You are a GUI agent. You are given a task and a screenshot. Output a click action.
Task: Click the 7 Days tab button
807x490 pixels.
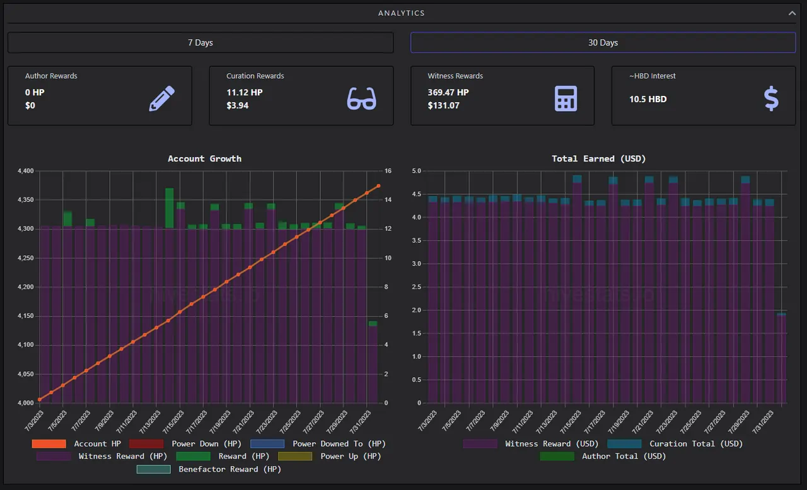200,42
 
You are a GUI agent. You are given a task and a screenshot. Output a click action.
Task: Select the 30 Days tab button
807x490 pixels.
603,42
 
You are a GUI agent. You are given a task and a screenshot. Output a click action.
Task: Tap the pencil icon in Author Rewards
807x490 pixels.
162,98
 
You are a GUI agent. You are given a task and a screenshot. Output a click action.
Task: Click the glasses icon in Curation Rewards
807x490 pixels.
362,98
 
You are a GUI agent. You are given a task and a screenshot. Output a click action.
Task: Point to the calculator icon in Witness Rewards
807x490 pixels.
566,98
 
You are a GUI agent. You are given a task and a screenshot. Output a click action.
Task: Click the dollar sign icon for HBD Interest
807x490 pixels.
771,98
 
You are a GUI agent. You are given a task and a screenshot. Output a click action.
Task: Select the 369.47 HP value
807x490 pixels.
448,92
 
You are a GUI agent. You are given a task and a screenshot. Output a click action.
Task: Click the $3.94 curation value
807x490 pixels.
238,105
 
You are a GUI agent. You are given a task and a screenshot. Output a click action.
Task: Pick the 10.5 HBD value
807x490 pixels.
647,99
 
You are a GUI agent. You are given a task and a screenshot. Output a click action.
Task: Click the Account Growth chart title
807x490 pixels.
205,158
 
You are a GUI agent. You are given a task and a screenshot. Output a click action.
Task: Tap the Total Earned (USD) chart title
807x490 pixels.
599,158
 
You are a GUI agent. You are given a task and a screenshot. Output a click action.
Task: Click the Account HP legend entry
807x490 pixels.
76,443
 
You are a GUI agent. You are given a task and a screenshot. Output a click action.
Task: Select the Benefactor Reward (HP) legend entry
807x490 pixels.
209,469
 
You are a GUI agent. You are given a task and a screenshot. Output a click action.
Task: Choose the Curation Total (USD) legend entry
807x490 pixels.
675,443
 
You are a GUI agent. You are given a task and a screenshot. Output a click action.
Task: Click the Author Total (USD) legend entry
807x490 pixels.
603,456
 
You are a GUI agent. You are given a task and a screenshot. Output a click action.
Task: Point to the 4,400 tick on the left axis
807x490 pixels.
26,171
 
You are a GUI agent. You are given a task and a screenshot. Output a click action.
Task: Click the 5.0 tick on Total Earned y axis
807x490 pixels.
417,171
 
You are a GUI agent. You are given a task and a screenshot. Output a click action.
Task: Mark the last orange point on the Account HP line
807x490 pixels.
379,186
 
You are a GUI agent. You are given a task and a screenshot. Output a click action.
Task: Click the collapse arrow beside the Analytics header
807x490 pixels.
792,13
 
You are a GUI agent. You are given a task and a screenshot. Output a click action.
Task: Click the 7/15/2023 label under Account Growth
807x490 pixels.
173,421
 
